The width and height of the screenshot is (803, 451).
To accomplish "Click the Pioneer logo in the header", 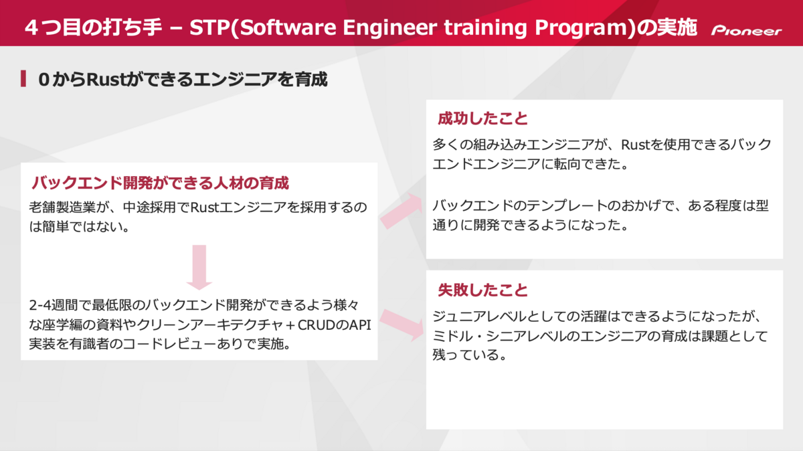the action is coord(746,31).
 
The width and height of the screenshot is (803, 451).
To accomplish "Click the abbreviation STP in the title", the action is coord(209,27).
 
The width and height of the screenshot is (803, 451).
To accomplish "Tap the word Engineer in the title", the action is coord(389,28).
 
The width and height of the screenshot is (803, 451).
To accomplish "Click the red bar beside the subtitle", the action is coord(23,78).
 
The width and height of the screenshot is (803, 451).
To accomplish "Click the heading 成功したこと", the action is coord(482,118).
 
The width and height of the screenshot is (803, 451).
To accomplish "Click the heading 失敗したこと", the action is coord(482,290).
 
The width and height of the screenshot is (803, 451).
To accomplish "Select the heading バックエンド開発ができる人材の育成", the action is coord(160,183).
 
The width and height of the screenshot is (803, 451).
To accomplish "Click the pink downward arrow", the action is coord(199,267).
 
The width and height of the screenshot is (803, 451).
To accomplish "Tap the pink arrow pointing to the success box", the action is coord(401,211).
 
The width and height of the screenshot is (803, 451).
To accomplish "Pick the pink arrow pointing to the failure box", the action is coord(402,325).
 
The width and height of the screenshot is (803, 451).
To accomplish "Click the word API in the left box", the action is coord(360,325).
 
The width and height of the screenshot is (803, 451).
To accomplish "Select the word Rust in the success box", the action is coord(635,145).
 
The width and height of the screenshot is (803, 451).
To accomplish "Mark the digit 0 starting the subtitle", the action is coord(43,80).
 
